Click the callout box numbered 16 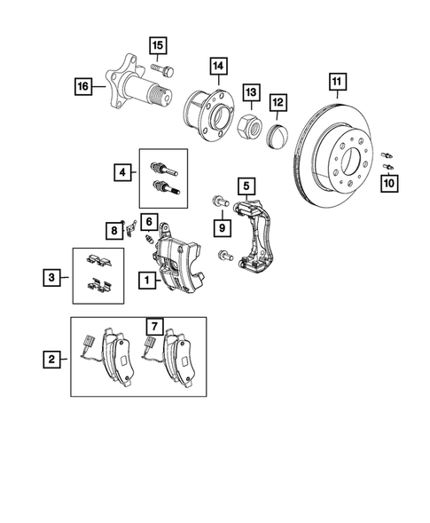82,85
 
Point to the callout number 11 336,84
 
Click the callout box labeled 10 387,183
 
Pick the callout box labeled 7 152,329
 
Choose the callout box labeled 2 53,360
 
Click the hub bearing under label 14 207,114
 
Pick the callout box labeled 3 53,278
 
